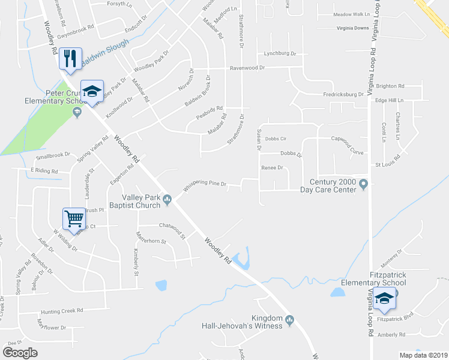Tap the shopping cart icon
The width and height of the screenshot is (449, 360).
[x=74, y=219]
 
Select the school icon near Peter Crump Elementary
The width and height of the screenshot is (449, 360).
[x=92, y=91]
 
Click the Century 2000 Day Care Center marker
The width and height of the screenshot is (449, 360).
[x=363, y=183]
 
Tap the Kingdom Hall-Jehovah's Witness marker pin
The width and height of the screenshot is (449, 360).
[x=289, y=320]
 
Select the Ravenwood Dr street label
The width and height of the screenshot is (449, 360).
[x=246, y=68]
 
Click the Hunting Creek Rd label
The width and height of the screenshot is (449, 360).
[x=62, y=311]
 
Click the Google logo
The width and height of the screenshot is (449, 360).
[x=20, y=353]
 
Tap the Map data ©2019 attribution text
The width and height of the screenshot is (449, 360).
[x=424, y=355]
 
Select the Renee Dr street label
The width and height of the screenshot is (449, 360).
[x=272, y=168]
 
